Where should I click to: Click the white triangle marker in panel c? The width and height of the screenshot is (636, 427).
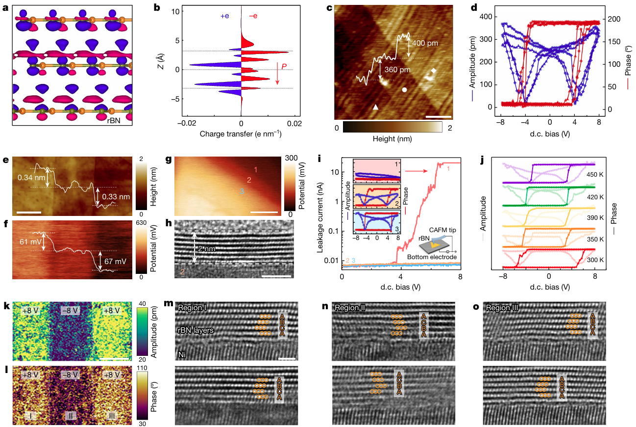pyautogui.click(x=375, y=107)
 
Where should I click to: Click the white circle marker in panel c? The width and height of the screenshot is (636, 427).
pyautogui.click(x=404, y=90)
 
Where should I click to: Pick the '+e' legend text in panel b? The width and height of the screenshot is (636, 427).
pyautogui.click(x=225, y=16)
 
